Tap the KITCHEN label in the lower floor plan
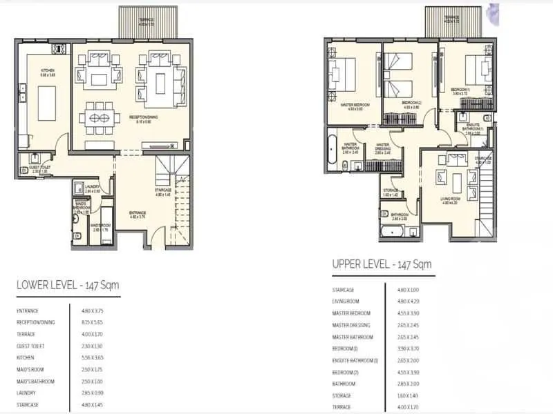(47, 71)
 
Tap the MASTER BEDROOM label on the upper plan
(355, 105)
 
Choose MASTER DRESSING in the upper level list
(351, 325)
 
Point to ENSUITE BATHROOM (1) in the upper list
(355, 360)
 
